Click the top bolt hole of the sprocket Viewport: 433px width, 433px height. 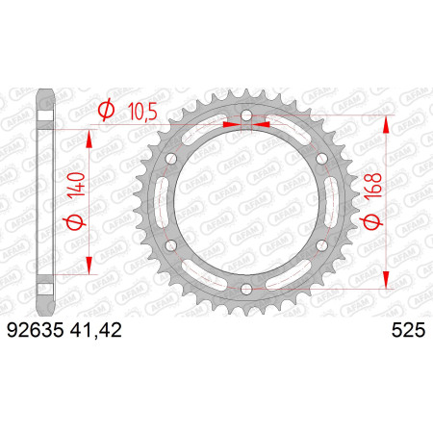pos(246,115)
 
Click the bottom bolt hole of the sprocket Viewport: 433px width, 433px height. pos(246,289)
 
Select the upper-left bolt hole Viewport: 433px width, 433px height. pos(171,158)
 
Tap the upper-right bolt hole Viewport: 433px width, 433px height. pos(321,158)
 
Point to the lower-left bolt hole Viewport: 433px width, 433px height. pos(171,245)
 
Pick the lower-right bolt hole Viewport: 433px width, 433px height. pos(321,245)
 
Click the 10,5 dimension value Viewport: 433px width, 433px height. pos(142,112)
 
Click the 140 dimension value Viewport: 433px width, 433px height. pos(78,185)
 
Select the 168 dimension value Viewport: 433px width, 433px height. pos(374,186)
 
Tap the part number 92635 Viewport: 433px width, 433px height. pos(36,330)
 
